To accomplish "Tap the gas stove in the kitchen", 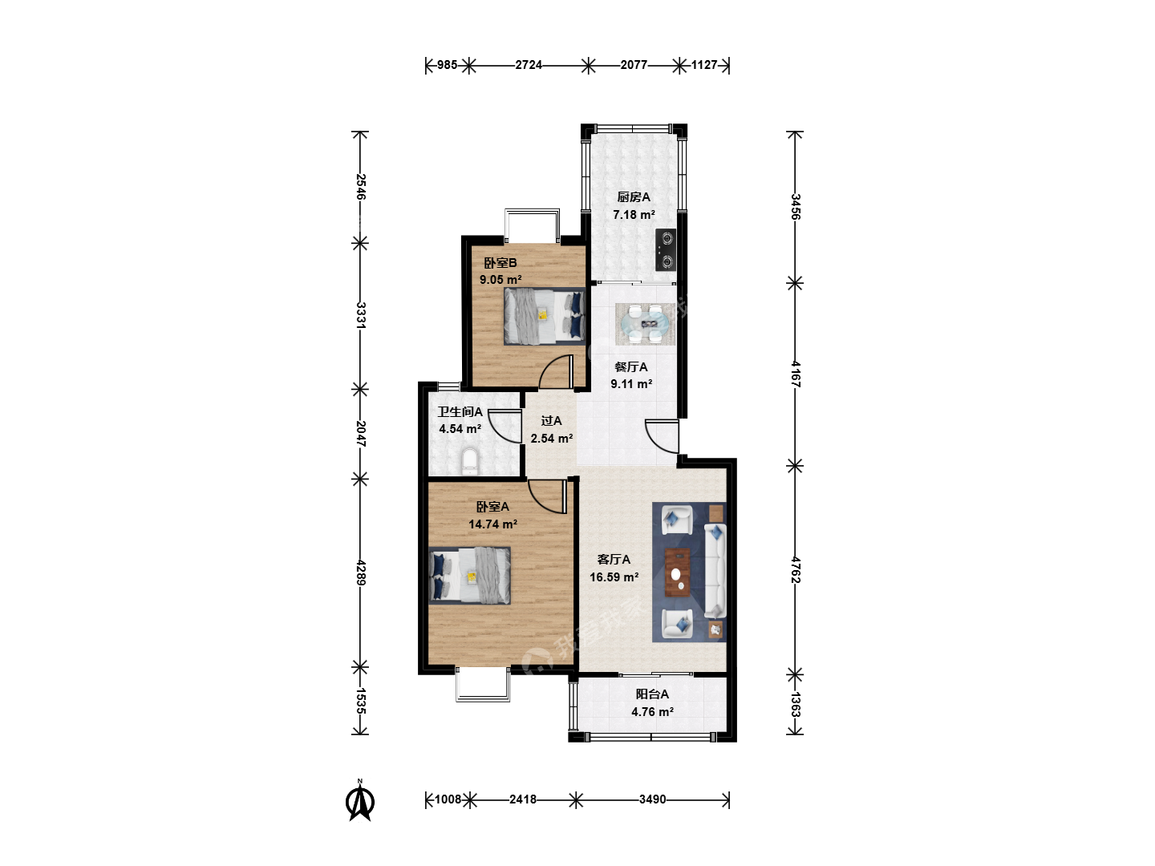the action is coord(666,249).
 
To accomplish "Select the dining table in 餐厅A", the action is coord(646,324).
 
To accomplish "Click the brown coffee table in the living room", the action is coord(677,573).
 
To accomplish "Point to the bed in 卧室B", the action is coord(545,317).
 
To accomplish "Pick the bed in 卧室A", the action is coord(469,576).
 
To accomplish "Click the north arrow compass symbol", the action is coord(360,800).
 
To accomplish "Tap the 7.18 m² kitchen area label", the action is coord(634,215).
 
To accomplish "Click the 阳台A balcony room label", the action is coord(652,694).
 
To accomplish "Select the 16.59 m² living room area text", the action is coord(614,577).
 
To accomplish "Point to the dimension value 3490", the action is coord(652,799).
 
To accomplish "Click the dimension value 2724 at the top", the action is coord(529,65).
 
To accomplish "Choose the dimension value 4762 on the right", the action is coord(795,569).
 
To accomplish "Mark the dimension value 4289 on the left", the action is coord(360,573).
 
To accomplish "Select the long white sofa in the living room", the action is coord(715,570).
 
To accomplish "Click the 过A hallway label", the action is coord(552,421).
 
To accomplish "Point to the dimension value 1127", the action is coord(704,65).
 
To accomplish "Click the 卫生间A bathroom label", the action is coord(460,411).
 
